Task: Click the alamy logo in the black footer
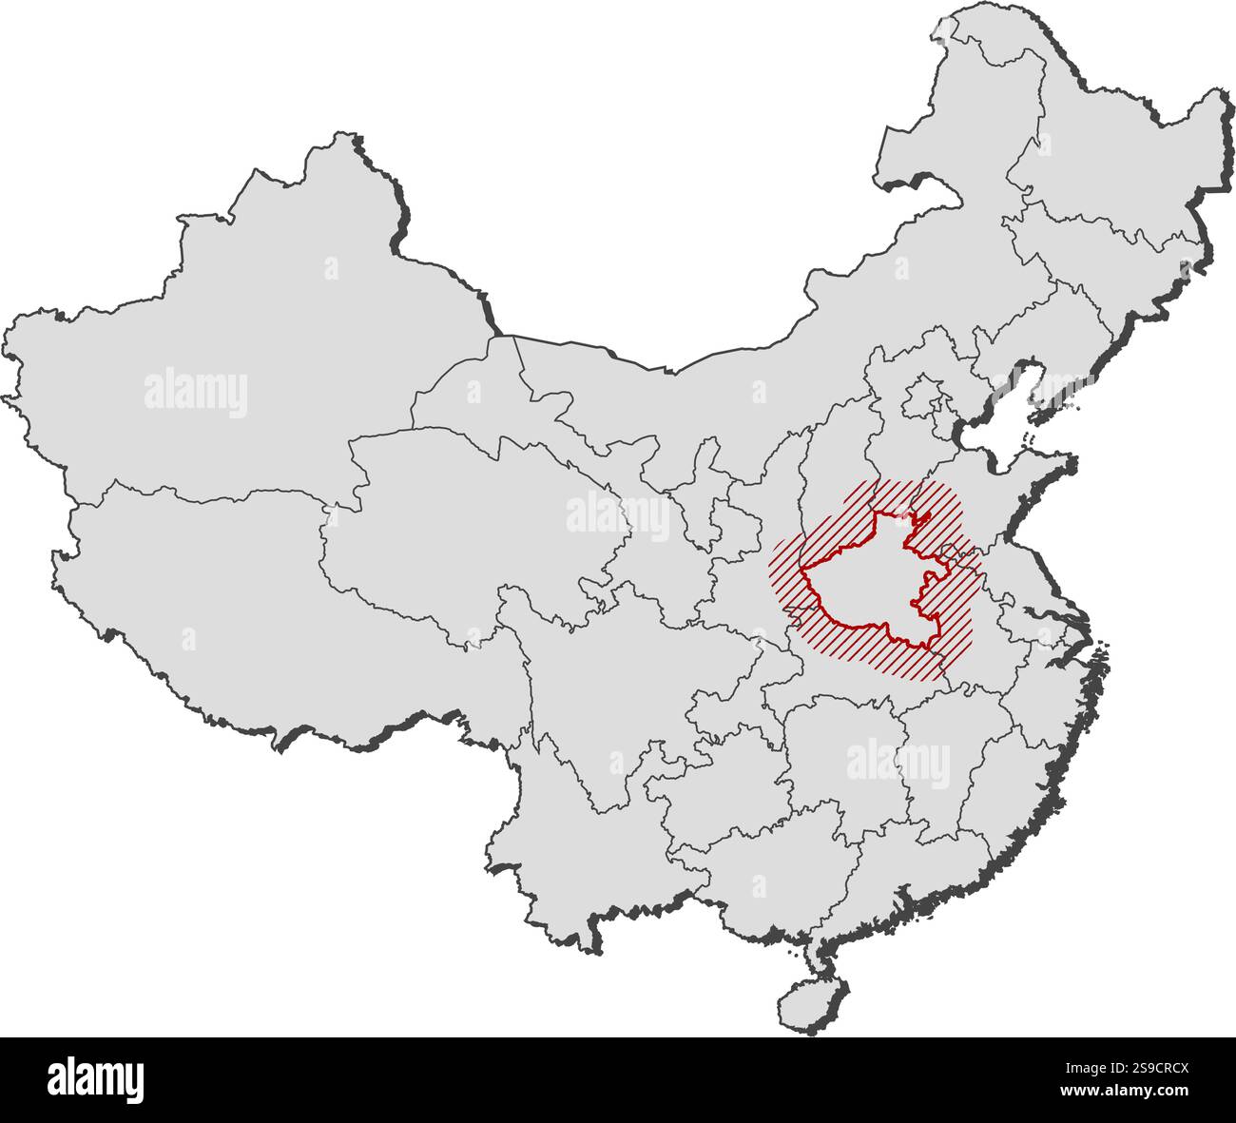click(95, 1080)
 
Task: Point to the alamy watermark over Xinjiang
click(196, 392)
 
